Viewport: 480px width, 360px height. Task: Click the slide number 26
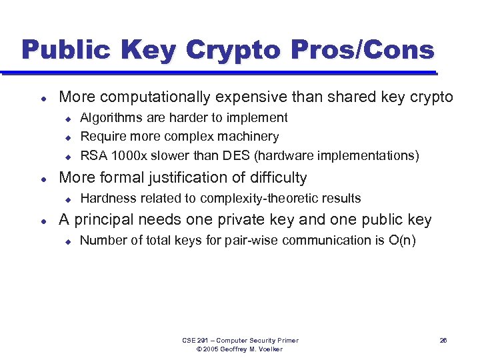[x=443, y=341]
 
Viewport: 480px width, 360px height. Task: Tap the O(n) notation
[x=402, y=240]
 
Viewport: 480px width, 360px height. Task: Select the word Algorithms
[x=111, y=117]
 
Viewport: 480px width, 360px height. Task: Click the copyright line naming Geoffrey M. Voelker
[x=240, y=349]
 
